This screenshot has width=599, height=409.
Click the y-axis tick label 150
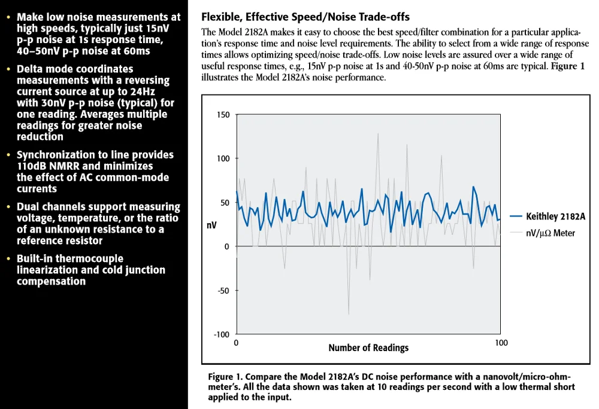coord(223,114)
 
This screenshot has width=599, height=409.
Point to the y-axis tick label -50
coord(223,291)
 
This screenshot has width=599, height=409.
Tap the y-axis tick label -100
coord(221,334)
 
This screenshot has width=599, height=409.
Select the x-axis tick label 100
coord(501,343)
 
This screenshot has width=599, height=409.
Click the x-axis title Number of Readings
coord(368,347)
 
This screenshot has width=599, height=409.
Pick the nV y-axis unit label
coord(211,225)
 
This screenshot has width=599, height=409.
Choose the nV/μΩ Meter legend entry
coord(550,233)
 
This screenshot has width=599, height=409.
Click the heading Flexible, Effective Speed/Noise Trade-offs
coord(305,17)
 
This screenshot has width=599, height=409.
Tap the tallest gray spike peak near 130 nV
coord(378,133)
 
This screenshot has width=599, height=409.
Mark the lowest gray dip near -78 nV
coord(349,315)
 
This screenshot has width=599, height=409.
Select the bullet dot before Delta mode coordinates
coord(8,69)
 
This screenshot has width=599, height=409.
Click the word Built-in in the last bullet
coord(35,259)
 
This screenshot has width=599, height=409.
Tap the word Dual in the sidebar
coord(29,207)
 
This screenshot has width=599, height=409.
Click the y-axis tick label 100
coord(223,158)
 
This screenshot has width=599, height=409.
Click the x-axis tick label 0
coord(236,343)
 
